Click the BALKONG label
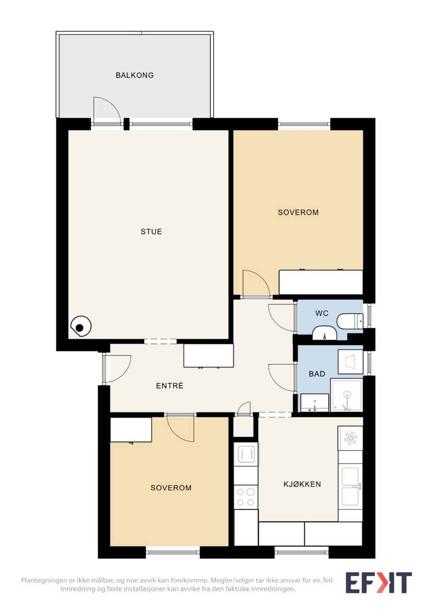pos(135,75)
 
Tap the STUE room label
pos(151,231)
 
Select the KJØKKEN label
pos(302,484)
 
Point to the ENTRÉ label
pos(169,385)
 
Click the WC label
pos(322,313)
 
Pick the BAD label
pos(317,374)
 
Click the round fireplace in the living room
pos(81,326)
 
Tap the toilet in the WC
pos(349,321)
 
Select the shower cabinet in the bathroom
pos(346,395)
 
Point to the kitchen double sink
pos(350,486)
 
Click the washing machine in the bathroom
pos(350,362)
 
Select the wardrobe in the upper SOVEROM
pos(321,282)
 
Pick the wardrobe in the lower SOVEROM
pos(131,430)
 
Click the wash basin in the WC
pos(324,333)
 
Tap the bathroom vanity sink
pos(315,403)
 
